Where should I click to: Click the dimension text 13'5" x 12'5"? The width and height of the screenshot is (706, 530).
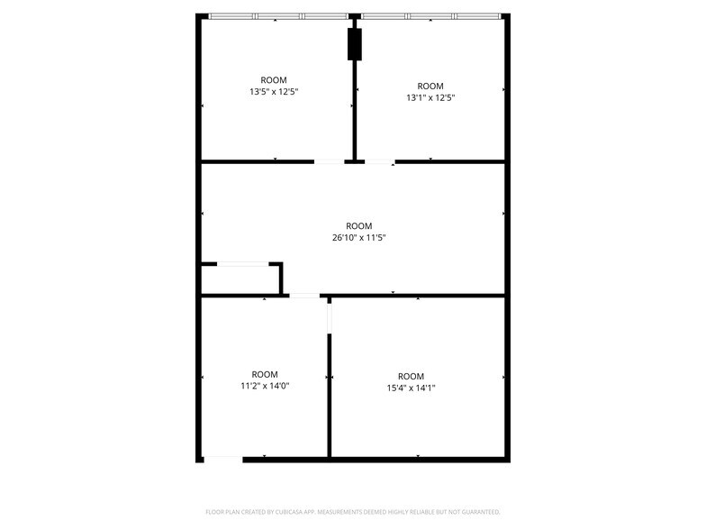(x=274, y=92)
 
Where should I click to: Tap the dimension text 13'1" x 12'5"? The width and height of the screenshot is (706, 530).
(x=430, y=97)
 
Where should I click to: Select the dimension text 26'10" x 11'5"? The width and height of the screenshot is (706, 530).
(x=358, y=238)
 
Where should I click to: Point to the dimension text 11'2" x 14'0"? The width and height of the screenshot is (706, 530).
(x=265, y=386)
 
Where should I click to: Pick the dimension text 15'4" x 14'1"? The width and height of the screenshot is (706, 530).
(x=411, y=388)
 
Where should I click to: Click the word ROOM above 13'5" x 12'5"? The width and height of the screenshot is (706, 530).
(x=274, y=80)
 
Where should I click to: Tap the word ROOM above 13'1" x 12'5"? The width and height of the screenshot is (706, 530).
(x=430, y=86)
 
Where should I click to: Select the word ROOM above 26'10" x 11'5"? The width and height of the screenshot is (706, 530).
(x=358, y=226)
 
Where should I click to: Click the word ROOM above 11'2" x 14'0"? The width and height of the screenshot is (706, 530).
(x=265, y=374)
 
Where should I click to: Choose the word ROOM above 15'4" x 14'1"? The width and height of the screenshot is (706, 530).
(x=411, y=376)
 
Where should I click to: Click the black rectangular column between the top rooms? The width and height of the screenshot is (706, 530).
(x=355, y=44)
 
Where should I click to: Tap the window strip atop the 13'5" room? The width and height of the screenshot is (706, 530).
(x=278, y=16)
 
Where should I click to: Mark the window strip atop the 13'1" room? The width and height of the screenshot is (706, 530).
(x=430, y=16)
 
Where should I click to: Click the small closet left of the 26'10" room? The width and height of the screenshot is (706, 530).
(x=240, y=279)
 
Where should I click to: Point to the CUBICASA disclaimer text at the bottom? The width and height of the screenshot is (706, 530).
(x=353, y=511)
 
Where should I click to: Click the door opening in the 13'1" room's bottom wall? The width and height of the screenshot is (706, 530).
(x=379, y=162)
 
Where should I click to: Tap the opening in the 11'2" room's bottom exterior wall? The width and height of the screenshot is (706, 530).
(x=222, y=459)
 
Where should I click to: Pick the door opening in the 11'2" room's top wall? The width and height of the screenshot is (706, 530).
(x=304, y=296)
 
